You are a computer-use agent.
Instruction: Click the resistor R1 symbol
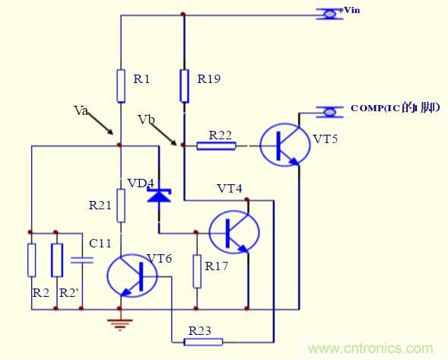click(x=121, y=85)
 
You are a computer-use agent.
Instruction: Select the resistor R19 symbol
click(x=184, y=85)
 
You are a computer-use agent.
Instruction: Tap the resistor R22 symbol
click(x=216, y=145)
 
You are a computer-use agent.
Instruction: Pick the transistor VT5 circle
click(x=284, y=142)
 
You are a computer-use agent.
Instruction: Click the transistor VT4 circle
click(x=233, y=231)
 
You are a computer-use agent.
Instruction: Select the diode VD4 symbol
click(x=158, y=196)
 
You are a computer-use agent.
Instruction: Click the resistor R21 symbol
click(x=121, y=203)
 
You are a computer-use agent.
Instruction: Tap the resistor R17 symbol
click(x=196, y=272)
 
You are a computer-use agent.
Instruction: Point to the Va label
click(x=81, y=110)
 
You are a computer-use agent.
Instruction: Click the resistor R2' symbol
click(x=56, y=260)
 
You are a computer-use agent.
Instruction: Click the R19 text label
click(x=209, y=78)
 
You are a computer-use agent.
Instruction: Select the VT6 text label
click(x=159, y=257)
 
